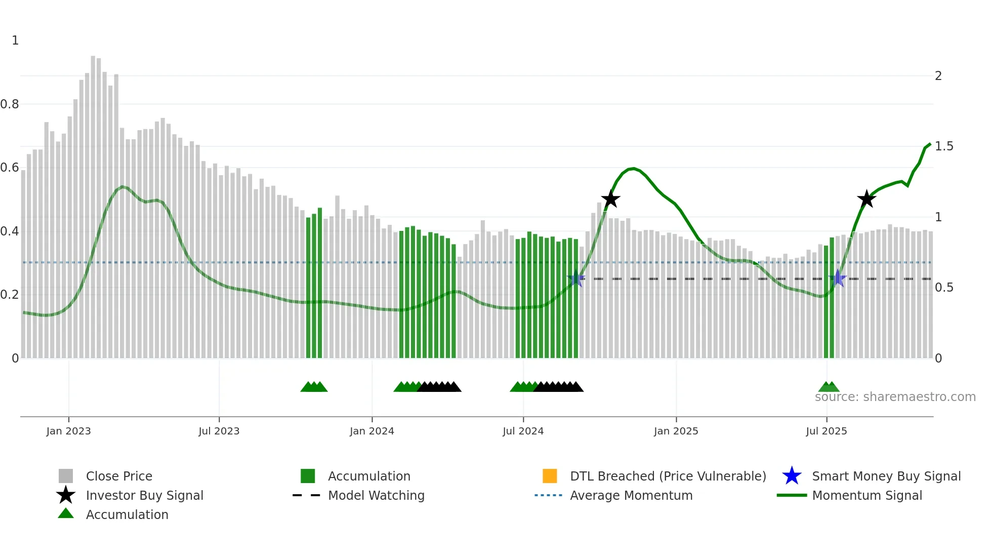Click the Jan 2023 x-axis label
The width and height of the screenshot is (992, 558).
click(x=68, y=431)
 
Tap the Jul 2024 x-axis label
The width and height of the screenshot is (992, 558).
click(x=523, y=431)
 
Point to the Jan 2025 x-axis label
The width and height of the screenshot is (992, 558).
click(x=676, y=431)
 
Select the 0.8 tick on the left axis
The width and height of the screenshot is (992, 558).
click(x=10, y=104)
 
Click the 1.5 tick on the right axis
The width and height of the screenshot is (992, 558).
click(x=944, y=146)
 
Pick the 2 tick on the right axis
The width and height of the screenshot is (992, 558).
click(x=938, y=76)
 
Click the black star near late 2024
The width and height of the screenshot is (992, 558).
click(x=610, y=199)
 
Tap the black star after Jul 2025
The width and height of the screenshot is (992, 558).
click(x=866, y=199)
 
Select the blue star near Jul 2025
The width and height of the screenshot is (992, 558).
click(x=838, y=278)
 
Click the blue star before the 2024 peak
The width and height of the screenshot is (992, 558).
click(x=576, y=278)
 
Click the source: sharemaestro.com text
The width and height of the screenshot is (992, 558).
click(x=895, y=397)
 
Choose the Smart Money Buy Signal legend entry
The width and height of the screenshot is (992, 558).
click(x=886, y=476)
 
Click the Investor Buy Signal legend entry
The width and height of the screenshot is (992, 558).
click(x=144, y=495)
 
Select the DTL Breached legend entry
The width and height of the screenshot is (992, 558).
click(x=668, y=476)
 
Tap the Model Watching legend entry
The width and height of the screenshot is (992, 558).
click(x=376, y=495)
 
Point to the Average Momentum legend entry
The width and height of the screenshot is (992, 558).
click(x=631, y=495)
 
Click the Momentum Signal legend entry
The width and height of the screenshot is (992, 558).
click(x=866, y=495)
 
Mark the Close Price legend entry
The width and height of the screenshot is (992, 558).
click(x=118, y=476)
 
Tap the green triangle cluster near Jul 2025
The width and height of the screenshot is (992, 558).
click(x=829, y=387)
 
